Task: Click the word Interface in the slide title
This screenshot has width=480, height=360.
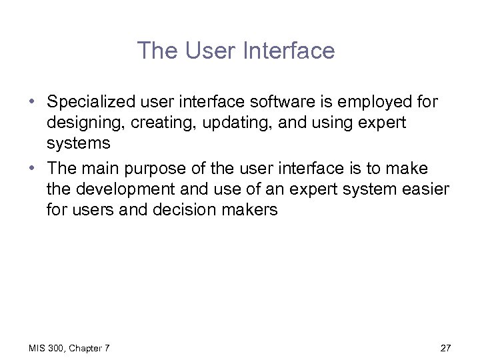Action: [291, 51]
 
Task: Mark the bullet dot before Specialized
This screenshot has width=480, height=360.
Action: [32, 102]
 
